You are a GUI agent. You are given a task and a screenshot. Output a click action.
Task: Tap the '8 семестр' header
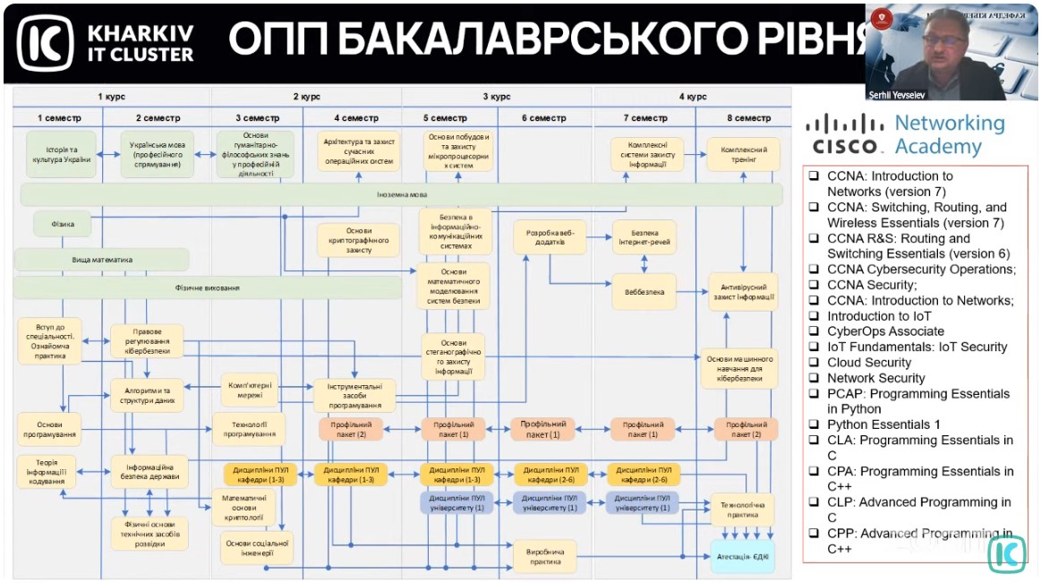747,118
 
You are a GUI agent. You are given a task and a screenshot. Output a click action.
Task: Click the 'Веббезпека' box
644,292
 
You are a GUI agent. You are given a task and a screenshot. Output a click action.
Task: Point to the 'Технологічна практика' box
742,509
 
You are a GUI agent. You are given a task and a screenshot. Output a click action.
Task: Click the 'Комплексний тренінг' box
743,155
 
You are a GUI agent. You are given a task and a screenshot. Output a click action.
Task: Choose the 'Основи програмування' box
49,429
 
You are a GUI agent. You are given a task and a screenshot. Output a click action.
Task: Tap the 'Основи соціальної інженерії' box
255,547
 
